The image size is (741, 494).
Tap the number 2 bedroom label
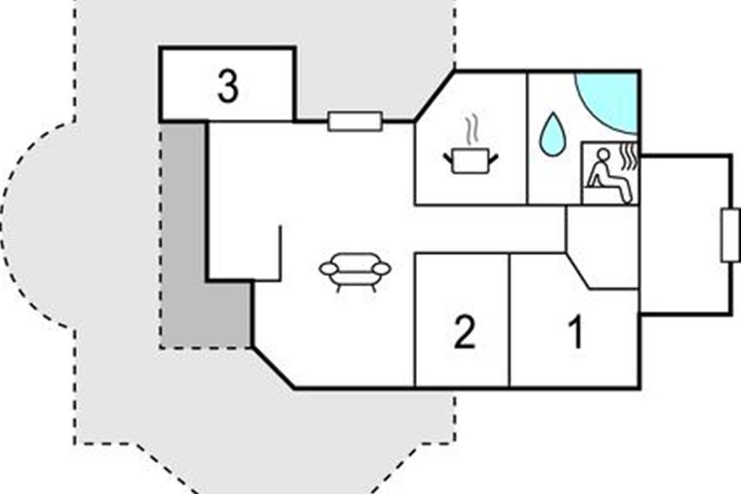tap(464, 333)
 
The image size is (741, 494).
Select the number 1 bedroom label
tap(576, 333)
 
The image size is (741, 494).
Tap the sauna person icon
tap(608, 176)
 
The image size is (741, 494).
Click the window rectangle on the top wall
tap(354, 121)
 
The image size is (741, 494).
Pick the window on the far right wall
tap(730, 235)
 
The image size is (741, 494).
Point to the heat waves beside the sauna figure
tap(628, 154)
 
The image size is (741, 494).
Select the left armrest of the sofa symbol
tap(328, 269)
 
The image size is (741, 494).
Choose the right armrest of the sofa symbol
tap(383, 269)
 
